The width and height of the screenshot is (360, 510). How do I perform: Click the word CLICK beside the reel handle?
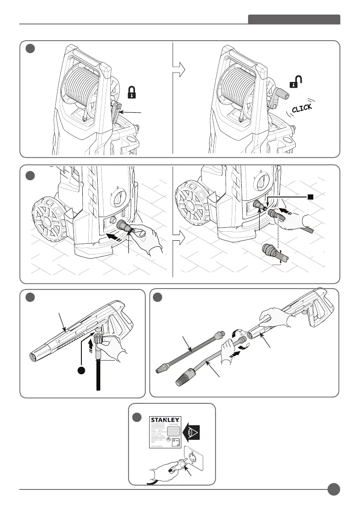click(x=302, y=108)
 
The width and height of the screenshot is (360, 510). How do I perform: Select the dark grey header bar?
click(x=294, y=20)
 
